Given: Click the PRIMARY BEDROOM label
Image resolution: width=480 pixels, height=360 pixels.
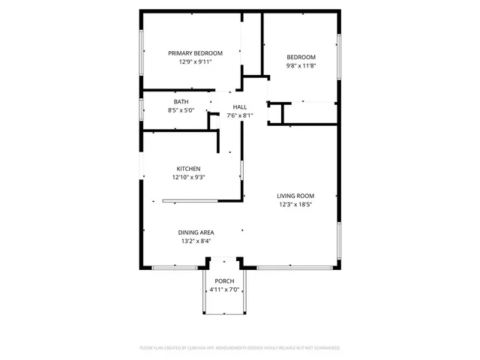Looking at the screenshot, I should [x=195, y=53].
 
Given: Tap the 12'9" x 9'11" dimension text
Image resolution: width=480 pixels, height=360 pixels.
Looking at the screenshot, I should [x=195, y=62].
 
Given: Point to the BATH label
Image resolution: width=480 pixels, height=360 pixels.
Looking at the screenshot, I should [x=181, y=102].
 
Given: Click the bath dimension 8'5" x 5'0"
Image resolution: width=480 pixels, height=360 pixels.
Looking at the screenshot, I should [x=181, y=110].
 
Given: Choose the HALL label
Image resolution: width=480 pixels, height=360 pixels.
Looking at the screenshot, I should [x=239, y=107].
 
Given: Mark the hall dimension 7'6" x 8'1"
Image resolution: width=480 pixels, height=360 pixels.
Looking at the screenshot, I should [x=239, y=115].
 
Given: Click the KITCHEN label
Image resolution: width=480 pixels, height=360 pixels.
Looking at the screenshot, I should [x=188, y=169].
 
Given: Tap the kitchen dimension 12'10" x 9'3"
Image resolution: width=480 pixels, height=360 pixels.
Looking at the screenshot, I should [x=188, y=177].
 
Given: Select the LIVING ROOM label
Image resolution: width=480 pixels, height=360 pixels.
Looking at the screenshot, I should [x=295, y=196].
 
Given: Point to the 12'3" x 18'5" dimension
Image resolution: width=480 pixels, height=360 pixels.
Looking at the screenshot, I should [x=295, y=204].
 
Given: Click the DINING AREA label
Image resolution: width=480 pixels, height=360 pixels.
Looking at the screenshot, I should [x=196, y=232].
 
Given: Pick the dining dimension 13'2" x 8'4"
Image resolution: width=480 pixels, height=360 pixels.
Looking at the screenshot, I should [x=196, y=241].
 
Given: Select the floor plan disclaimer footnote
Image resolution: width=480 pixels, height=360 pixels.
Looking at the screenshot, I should [x=240, y=348].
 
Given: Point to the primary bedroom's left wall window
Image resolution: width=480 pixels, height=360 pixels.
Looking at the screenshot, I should [x=142, y=53].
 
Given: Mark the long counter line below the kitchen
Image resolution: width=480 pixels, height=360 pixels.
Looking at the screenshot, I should [x=190, y=200].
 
